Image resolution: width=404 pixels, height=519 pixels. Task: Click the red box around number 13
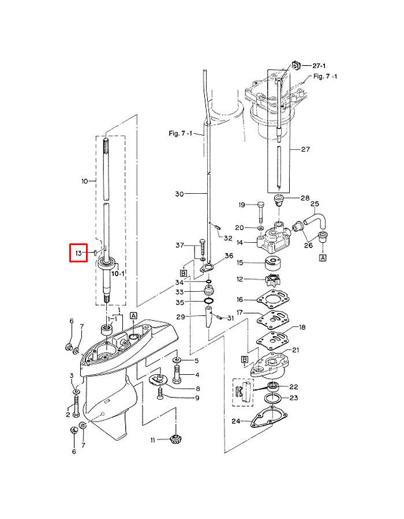[x=78, y=253]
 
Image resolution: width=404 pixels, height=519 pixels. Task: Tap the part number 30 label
[x=179, y=194]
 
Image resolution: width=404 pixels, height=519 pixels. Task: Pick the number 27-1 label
[x=319, y=66]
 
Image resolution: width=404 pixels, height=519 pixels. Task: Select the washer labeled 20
[x=260, y=228]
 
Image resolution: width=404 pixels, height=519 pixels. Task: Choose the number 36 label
[x=229, y=255]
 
